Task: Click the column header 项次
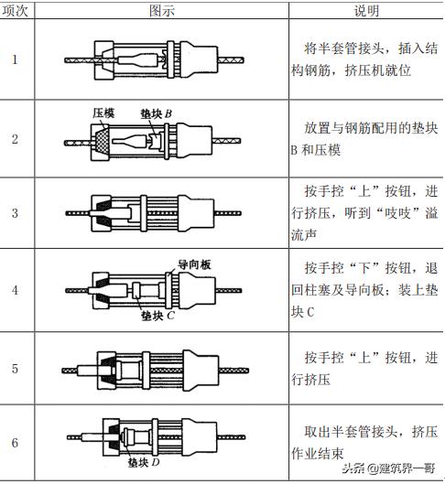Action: click(x=16, y=10)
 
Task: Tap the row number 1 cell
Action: click(x=16, y=59)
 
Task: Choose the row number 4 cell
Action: click(x=16, y=289)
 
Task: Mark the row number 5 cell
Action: click(x=16, y=369)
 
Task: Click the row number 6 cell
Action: click(x=16, y=443)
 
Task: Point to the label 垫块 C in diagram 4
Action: click(x=157, y=316)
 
